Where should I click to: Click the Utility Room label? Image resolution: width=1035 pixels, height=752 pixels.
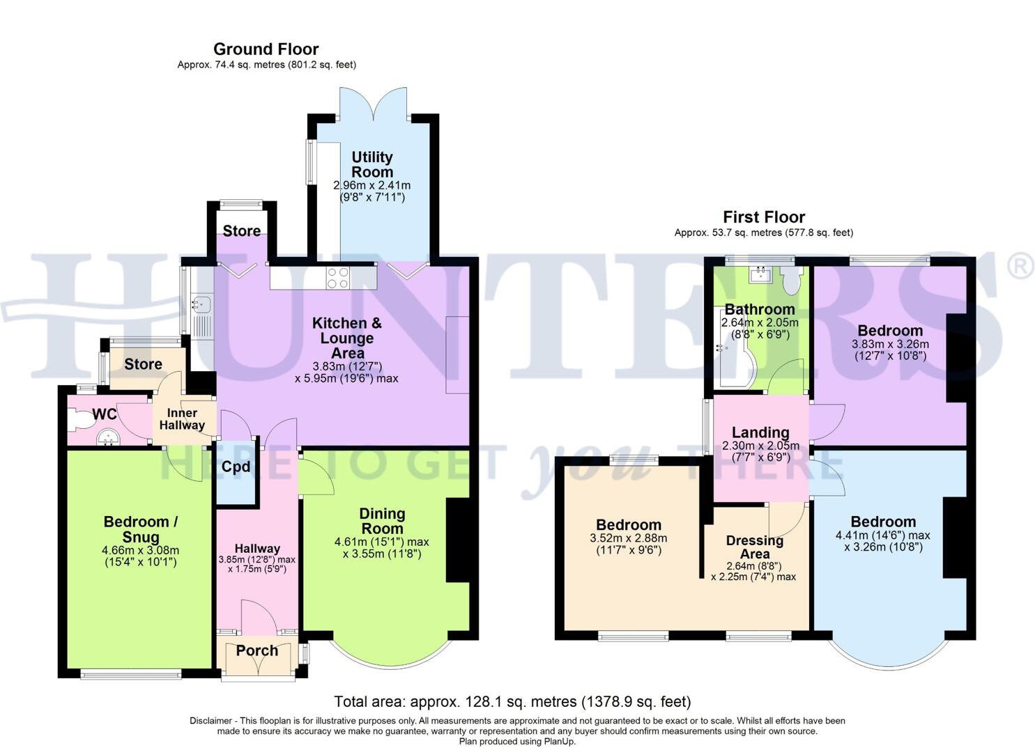click(x=371, y=164)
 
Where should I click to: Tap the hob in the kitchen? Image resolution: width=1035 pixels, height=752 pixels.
click(x=339, y=278)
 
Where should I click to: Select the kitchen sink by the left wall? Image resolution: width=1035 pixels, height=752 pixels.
click(x=202, y=304)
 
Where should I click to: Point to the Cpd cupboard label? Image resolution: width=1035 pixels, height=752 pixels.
click(x=236, y=467)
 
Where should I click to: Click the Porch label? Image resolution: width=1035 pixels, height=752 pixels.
click(x=256, y=650)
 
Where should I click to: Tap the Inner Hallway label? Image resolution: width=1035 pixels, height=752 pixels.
click(x=182, y=419)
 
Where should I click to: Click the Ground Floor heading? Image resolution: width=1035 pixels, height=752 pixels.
click(x=266, y=49)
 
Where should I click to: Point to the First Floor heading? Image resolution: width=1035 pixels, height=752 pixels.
click(x=763, y=217)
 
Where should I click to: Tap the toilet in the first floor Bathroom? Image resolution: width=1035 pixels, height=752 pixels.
click(x=790, y=281)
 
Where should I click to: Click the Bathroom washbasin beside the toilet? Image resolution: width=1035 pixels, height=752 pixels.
click(x=758, y=275)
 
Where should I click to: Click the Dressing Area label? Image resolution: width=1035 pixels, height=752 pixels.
click(x=754, y=547)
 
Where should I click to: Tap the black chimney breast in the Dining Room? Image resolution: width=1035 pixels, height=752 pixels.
click(x=457, y=540)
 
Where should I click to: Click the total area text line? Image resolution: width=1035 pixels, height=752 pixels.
click(x=512, y=701)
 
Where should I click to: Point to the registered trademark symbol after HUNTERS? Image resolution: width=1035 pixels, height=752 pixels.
click(x=1020, y=267)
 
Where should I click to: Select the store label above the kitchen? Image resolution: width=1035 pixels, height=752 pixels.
click(x=241, y=231)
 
